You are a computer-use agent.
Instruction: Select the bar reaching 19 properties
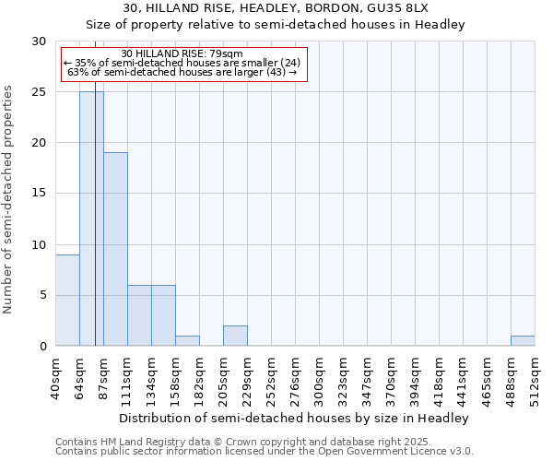(115, 249)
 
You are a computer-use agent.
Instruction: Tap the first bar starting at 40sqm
(67, 300)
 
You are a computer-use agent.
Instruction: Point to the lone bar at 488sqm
(523, 340)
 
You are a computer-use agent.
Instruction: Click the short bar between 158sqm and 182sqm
(187, 340)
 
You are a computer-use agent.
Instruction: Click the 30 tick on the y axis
(40, 41)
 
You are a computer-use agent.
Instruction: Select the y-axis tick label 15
(40, 194)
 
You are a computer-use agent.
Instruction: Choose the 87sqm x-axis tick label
(104, 377)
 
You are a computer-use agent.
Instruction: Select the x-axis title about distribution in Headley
(295, 418)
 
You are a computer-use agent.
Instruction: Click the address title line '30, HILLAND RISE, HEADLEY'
(276, 8)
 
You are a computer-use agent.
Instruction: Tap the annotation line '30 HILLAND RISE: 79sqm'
(182, 53)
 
